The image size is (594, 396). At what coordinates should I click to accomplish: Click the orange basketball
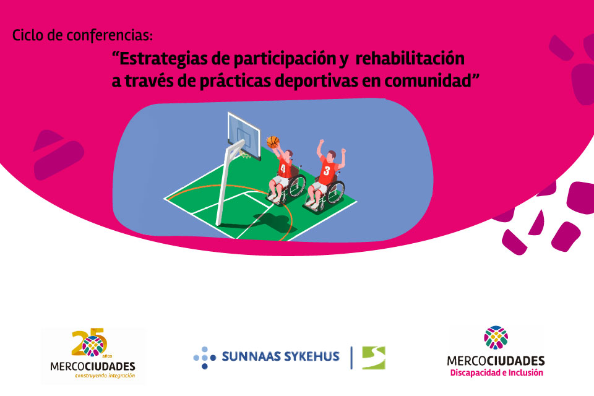(273, 142)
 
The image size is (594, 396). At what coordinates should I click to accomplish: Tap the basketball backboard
(244, 136)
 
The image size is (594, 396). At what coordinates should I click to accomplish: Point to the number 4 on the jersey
(283, 168)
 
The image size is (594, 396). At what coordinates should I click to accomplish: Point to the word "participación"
(285, 59)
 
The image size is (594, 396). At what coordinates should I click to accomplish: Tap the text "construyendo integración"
(105, 376)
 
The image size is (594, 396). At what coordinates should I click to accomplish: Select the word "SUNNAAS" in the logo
(251, 356)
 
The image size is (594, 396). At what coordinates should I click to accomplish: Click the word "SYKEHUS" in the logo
(312, 356)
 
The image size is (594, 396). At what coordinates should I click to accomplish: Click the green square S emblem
(374, 358)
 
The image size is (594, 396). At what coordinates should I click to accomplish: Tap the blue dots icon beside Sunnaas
(205, 358)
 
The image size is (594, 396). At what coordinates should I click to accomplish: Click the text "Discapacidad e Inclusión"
(496, 373)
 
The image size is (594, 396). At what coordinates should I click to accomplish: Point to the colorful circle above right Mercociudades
(496, 337)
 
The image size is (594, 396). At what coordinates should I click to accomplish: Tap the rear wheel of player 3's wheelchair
(335, 192)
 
